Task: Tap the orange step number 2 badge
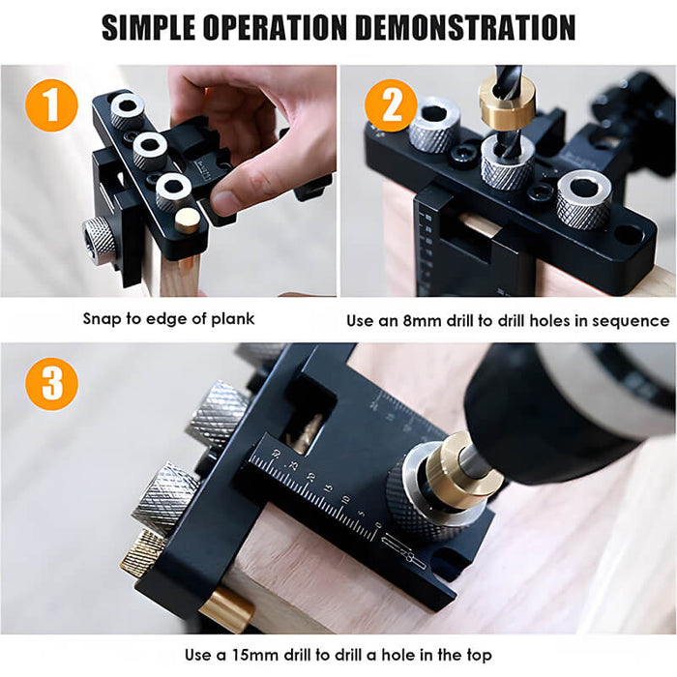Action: [391, 106]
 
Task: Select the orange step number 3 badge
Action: [50, 384]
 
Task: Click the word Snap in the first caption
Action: [103, 319]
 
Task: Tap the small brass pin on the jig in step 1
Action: [187, 221]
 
